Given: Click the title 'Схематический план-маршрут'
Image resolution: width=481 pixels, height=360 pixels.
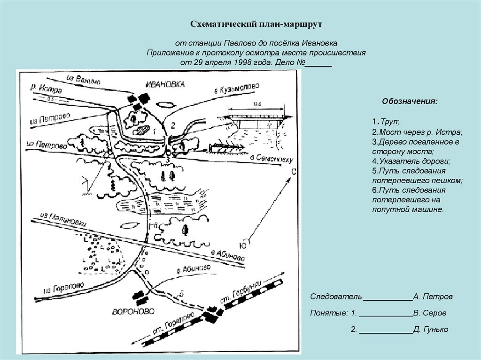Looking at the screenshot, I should [x=256, y=23].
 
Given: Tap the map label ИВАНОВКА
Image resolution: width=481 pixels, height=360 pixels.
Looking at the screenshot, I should [x=165, y=84].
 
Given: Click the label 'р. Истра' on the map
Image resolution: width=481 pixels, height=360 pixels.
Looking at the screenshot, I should [x=46, y=88].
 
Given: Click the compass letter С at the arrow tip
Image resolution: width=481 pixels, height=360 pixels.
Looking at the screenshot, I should [x=293, y=172].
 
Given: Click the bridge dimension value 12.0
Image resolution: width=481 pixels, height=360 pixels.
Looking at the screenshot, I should [x=256, y=104].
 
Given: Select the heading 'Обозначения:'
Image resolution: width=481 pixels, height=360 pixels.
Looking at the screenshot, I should [x=410, y=101].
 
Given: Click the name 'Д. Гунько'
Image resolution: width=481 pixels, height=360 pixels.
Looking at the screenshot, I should [x=431, y=329].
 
